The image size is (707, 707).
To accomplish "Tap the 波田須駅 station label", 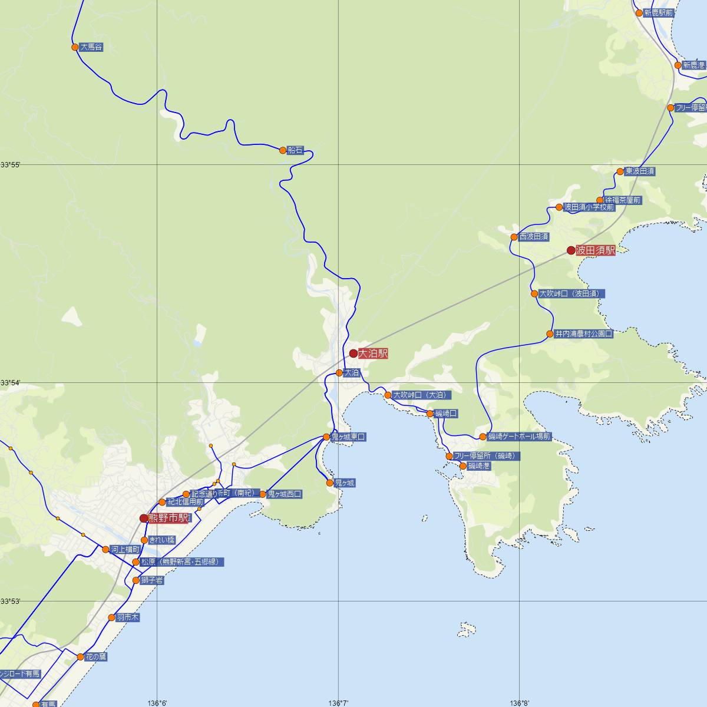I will tap(595, 250).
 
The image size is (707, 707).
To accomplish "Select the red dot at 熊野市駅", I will tap(144, 518).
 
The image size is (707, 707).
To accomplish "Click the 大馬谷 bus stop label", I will tap(91, 47).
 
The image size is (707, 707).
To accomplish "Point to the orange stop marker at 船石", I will tap(283, 150).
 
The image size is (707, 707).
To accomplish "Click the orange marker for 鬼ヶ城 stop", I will tap(330, 483).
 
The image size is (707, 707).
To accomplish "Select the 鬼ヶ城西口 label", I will tap(285, 494).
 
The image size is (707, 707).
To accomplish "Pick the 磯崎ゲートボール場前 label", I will tap(519, 437).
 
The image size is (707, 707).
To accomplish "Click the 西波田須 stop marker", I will tap(514, 237).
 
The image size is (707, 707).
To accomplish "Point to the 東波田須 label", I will tap(639, 171).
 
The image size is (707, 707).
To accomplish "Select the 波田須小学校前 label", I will tap(589, 207).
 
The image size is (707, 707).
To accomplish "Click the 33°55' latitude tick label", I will tap(11, 164).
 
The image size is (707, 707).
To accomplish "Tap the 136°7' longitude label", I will tap(339, 703).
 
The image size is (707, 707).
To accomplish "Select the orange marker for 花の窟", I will tap(81, 657).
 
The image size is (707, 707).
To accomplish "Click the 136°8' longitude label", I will tap(520, 703).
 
